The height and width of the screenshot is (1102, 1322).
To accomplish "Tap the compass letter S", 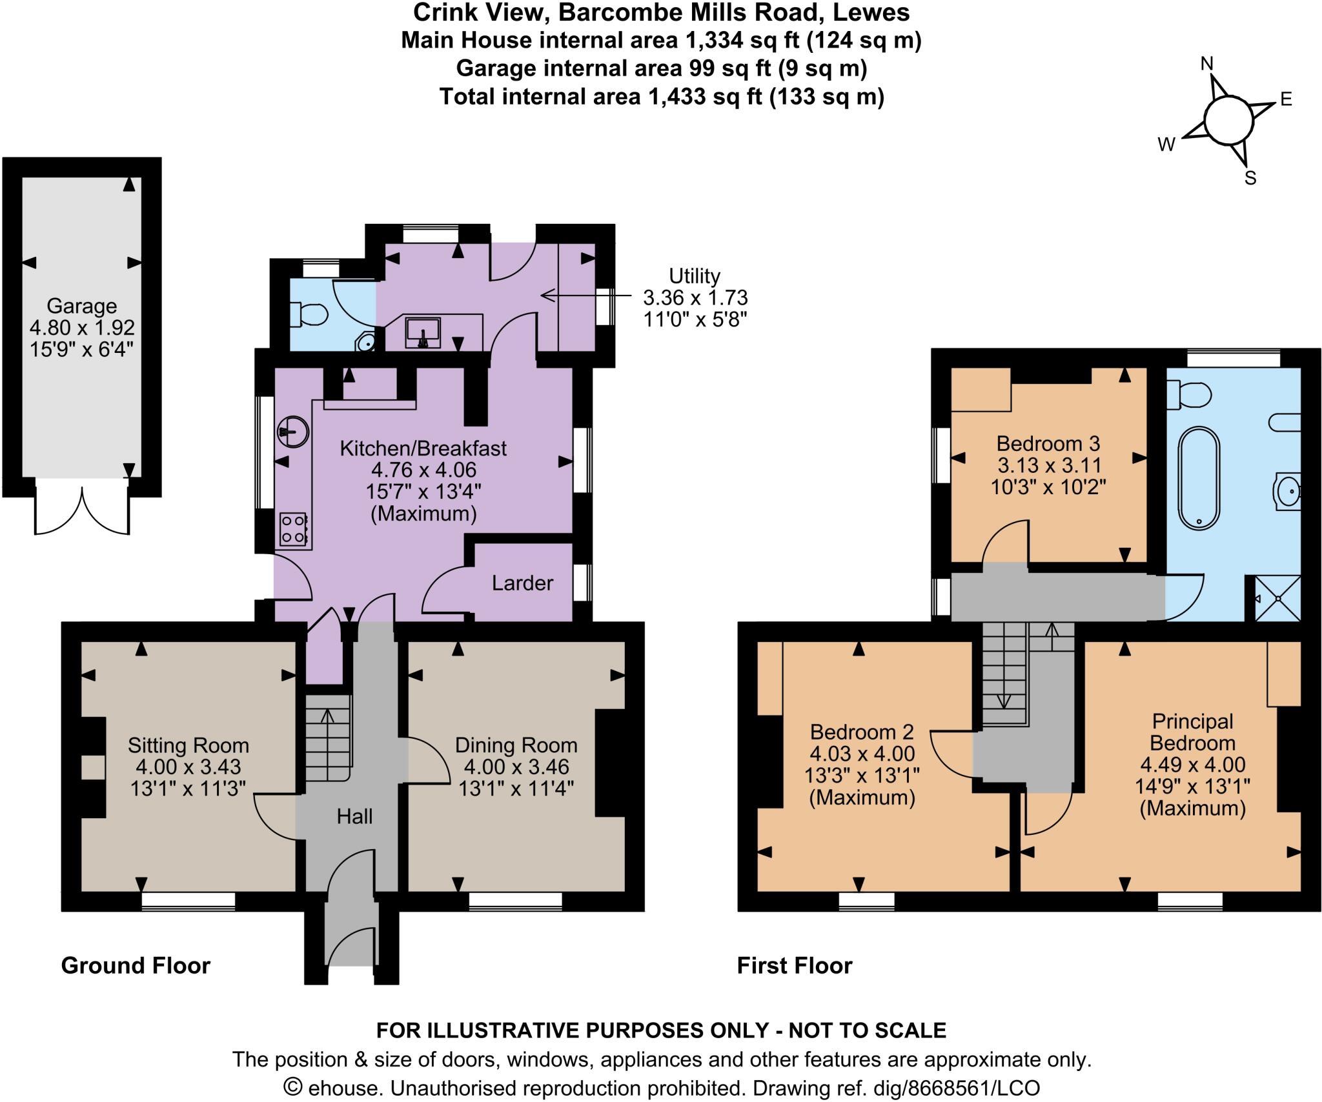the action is [1250, 178].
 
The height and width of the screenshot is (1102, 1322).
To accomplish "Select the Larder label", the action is [522, 583].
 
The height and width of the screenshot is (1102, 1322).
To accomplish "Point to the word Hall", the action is [354, 817].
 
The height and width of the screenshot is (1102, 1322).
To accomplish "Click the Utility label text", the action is [695, 276].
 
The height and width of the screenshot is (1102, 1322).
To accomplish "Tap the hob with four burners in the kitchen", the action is [293, 528].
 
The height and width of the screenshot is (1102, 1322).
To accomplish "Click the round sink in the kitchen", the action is [293, 430].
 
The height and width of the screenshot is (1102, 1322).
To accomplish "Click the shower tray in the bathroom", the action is [1277, 598].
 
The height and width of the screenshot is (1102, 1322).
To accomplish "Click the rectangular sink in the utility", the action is [423, 332].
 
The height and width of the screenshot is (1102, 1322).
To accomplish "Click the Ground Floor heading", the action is [136, 966].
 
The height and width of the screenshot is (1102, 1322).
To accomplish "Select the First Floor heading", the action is [795, 966].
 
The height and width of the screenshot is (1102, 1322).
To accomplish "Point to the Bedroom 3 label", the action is [1048, 444].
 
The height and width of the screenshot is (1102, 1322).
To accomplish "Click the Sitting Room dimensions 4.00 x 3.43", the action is [188, 766].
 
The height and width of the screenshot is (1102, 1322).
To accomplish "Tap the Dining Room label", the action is [516, 745].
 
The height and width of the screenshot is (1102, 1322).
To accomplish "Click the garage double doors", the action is [82, 510].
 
